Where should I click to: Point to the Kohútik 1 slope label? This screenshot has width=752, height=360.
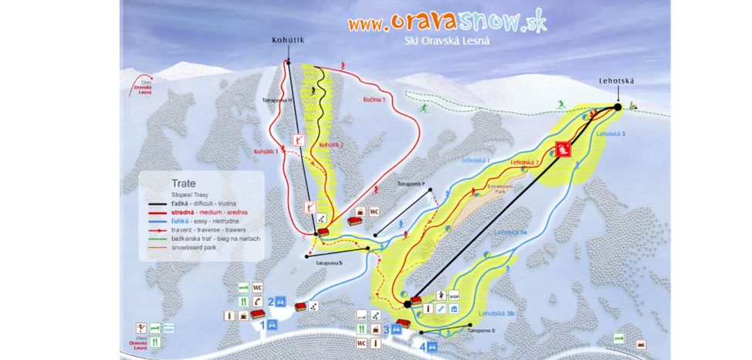click(x=266, y=151)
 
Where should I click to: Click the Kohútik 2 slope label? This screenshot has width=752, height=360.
click(x=330, y=144)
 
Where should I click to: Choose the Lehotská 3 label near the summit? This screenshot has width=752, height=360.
click(x=611, y=134)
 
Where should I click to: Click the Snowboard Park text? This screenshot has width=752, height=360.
click(x=501, y=189)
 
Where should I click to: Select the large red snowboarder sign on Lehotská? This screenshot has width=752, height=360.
click(x=564, y=149)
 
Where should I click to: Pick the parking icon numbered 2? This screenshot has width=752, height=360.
click(x=281, y=301)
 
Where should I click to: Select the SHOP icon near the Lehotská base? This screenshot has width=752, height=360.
click(x=456, y=295)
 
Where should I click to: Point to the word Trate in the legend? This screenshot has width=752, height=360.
click(x=173, y=184)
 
